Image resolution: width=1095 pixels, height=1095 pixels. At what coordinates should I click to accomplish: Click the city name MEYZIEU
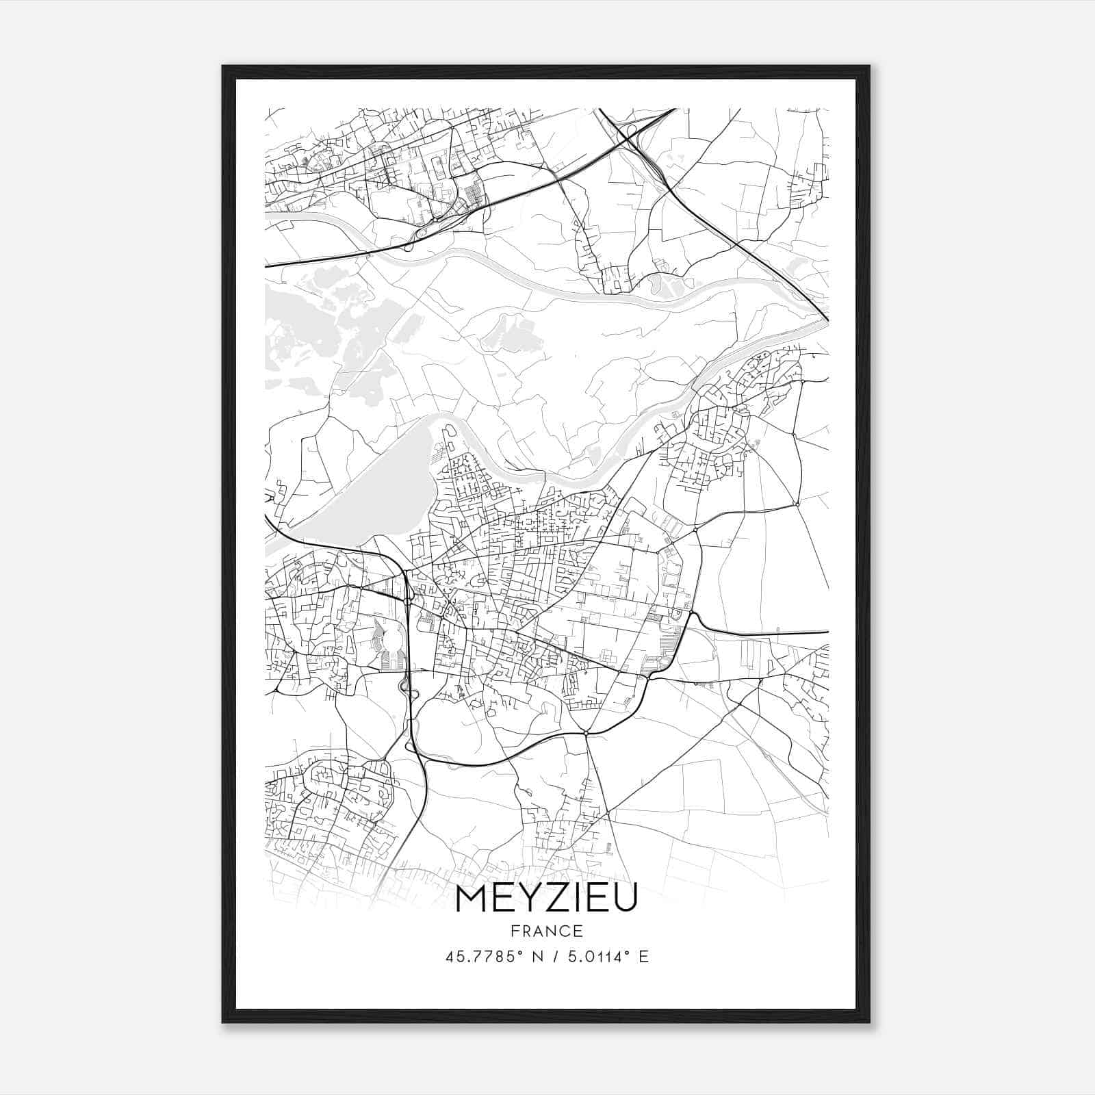click(x=545, y=898)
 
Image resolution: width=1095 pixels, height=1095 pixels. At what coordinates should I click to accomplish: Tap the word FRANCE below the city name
click(x=546, y=931)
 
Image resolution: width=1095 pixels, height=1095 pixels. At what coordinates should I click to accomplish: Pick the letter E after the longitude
click(x=643, y=957)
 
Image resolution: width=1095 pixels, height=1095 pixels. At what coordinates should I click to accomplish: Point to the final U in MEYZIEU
click(x=625, y=898)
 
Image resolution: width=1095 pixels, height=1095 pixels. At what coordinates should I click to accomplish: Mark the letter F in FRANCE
click(x=513, y=931)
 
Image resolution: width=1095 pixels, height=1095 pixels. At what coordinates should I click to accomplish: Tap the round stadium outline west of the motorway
click(x=394, y=643)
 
